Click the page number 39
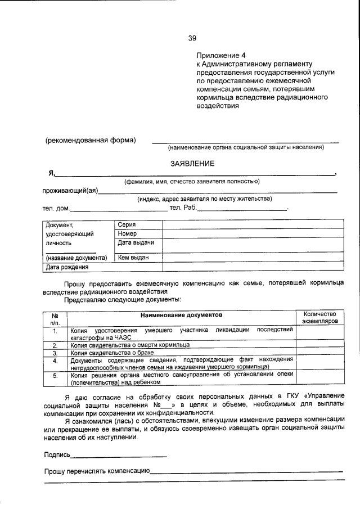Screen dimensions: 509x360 (192, 38)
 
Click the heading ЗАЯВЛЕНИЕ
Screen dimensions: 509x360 (192, 163)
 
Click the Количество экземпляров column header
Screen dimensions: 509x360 (319, 317)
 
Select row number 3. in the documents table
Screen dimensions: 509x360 (55, 353)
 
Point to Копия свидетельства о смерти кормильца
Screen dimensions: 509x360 (130, 344)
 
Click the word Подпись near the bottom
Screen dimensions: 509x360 (57, 454)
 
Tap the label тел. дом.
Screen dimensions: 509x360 (56, 209)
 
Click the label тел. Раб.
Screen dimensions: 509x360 (183, 208)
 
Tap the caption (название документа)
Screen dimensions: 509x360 (76, 258)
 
